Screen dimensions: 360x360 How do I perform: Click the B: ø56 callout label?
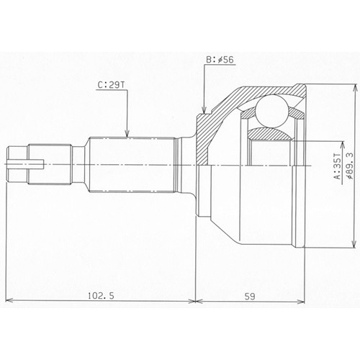click(x=220, y=60)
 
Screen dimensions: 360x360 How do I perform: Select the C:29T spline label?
click(x=112, y=85)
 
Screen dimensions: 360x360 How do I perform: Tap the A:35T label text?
click(x=338, y=166)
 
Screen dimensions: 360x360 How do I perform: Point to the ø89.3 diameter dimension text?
click(x=349, y=166)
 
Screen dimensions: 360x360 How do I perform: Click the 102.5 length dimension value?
click(x=101, y=296)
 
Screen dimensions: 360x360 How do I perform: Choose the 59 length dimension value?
click(x=250, y=297)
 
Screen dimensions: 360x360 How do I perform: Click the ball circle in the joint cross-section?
click(x=271, y=110)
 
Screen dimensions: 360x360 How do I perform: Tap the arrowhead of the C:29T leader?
click(x=127, y=133)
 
